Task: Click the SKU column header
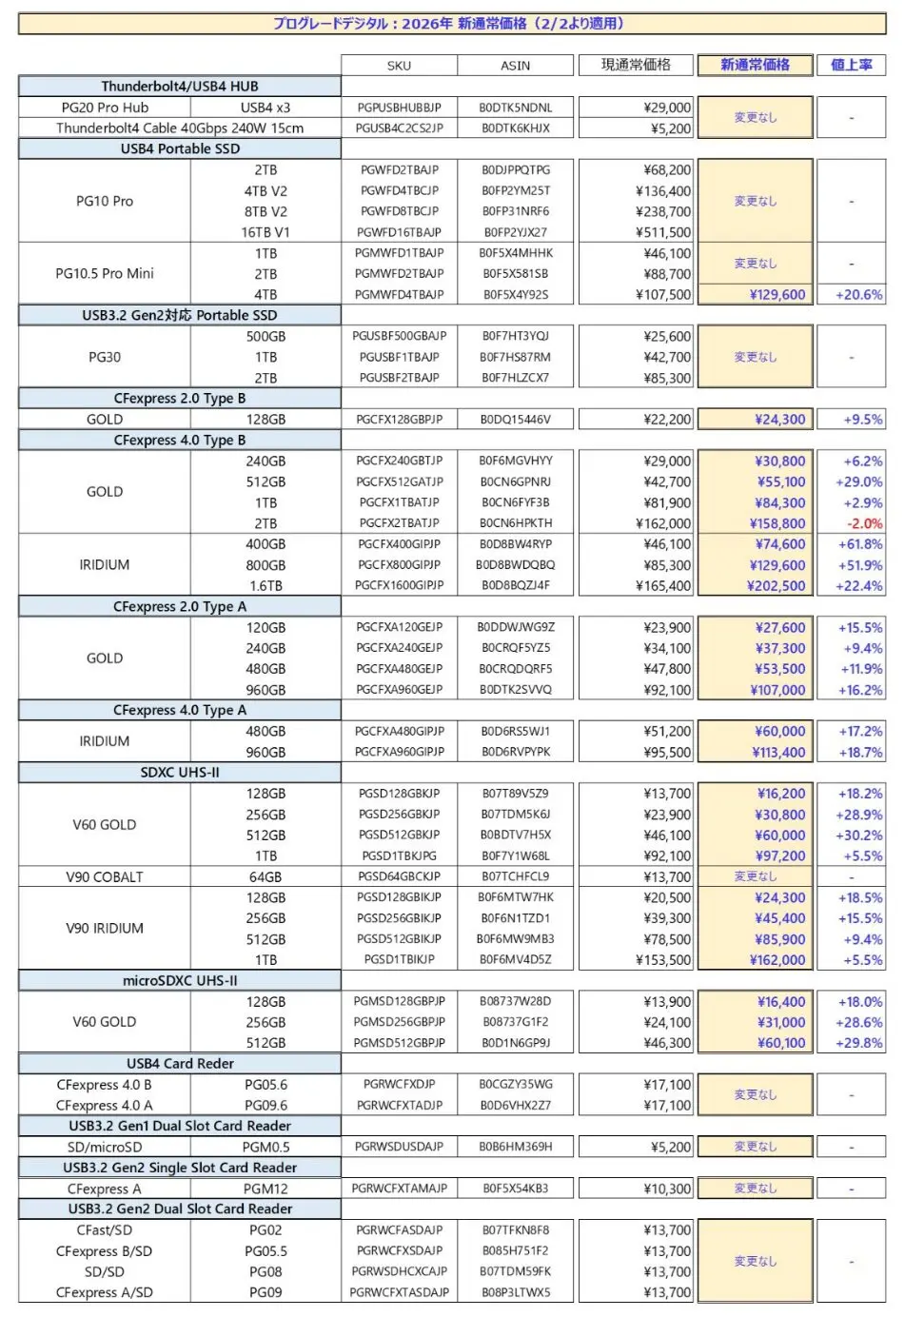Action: (399, 66)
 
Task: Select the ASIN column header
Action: (515, 66)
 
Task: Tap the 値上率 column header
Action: (851, 65)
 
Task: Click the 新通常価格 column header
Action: (755, 65)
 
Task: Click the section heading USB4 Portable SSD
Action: (180, 148)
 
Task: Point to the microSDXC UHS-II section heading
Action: (180, 980)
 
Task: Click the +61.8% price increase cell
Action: (860, 544)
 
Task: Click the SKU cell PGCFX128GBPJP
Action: (400, 420)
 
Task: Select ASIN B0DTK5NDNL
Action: (515, 108)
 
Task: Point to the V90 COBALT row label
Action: (105, 876)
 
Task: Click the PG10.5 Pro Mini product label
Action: (105, 274)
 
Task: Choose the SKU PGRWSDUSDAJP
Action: (399, 1147)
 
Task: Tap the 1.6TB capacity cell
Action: (266, 586)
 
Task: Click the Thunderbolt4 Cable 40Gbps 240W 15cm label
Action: (180, 128)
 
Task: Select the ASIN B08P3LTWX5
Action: (515, 1292)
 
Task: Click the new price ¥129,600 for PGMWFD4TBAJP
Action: (777, 295)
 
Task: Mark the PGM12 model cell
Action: (266, 1189)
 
